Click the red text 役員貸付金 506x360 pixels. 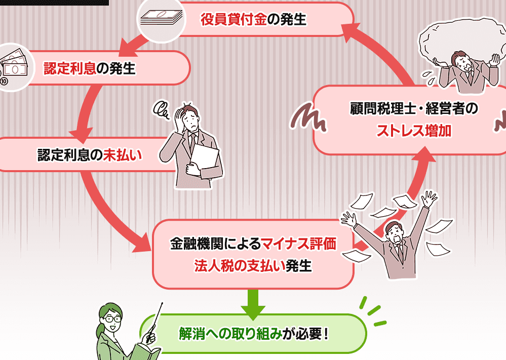(233, 19)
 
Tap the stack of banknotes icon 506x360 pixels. (162, 17)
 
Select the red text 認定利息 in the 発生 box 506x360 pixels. (70, 68)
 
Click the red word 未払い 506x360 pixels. (123, 155)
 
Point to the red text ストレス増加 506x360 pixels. (414, 131)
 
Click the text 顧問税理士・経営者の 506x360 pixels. (414, 109)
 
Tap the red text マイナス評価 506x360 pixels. (298, 244)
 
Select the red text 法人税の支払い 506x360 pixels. (240, 266)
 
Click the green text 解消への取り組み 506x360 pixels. (230, 334)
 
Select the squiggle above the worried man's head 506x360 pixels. (162, 110)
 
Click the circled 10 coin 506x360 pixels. (4, 81)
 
